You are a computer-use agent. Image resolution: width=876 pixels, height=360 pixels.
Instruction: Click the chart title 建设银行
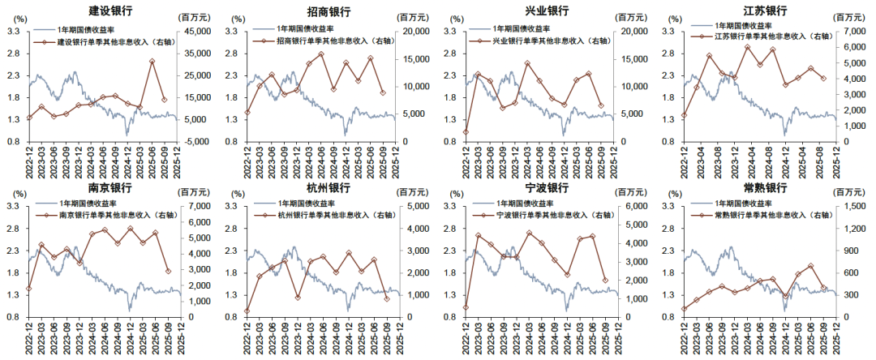(x=111, y=11)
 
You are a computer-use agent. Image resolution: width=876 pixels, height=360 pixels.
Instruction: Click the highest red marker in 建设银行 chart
(x=152, y=61)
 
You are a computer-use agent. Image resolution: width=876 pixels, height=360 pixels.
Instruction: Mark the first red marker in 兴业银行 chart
(x=466, y=132)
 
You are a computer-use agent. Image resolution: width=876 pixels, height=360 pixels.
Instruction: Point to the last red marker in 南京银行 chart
(x=169, y=272)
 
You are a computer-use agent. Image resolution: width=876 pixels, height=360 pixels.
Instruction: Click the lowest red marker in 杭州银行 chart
(x=247, y=311)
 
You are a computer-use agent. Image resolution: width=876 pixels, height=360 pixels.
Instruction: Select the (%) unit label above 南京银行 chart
(x=16, y=193)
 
